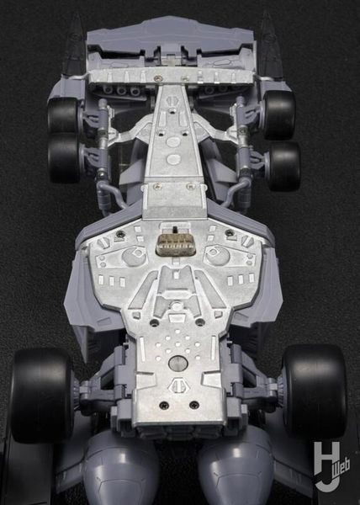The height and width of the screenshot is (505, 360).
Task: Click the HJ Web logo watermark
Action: [331, 465]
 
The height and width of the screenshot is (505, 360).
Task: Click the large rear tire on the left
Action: [41, 396]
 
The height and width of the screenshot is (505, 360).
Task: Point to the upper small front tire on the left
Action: [63, 115]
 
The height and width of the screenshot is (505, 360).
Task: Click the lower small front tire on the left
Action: [64, 158]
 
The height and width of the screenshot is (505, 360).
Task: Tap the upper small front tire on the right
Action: [279, 114]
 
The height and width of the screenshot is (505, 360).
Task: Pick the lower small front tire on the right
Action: [284, 166]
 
